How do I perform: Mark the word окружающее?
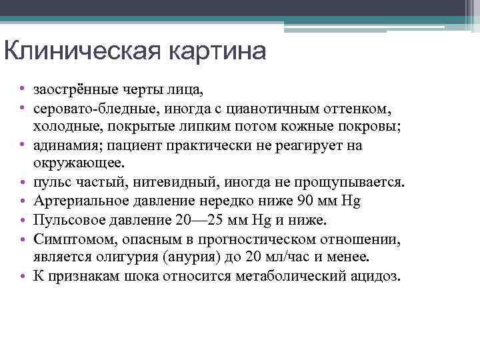(74, 163)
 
